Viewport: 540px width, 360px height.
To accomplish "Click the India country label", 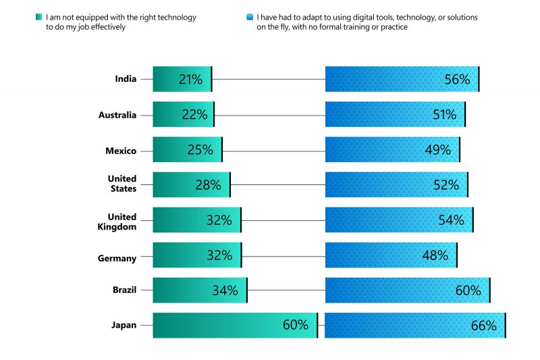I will tap(126, 79).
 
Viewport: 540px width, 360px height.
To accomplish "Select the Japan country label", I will tap(124, 326).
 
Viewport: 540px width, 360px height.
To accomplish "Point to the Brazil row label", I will tap(124, 290).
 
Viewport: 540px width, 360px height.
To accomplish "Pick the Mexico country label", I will tap(121, 151).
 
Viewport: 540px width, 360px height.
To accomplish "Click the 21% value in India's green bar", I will tap(190, 80).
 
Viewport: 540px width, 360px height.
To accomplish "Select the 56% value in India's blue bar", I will tap(457, 80).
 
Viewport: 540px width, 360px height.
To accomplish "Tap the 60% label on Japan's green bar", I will tap(295, 326).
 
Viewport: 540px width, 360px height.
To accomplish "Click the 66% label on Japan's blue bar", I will tap(483, 326).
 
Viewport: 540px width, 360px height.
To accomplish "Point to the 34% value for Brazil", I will tap(225, 290).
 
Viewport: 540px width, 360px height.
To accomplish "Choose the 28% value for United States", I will tap(209, 185).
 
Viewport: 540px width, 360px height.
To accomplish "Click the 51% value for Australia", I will tap(444, 115).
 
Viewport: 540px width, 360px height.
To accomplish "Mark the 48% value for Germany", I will tap(435, 255).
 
